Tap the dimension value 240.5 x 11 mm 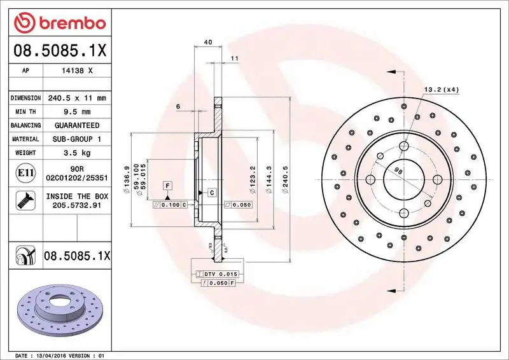77,99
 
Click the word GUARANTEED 77,125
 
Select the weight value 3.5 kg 77,153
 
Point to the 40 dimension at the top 207,42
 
